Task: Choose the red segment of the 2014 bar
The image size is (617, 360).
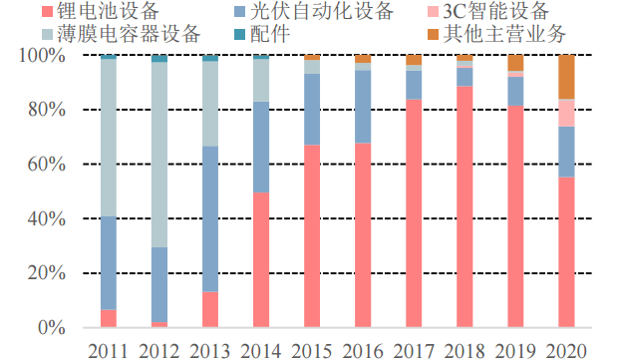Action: pos(261,260)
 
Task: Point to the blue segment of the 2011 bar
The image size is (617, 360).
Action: pos(109,263)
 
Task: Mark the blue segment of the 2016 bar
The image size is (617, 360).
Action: pos(363,107)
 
